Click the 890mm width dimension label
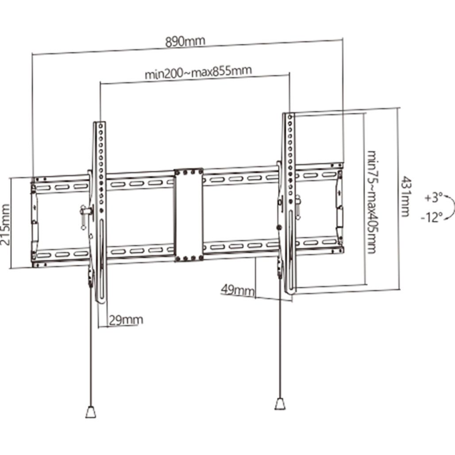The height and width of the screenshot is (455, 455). tap(185, 42)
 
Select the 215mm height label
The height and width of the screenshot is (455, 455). tap(5, 224)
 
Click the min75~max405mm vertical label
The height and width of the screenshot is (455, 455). tap(372, 202)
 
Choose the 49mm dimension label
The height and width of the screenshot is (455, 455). tap(238, 290)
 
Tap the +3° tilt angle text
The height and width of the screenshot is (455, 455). tap(433, 198)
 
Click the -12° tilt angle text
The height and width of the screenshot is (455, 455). tap(432, 217)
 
